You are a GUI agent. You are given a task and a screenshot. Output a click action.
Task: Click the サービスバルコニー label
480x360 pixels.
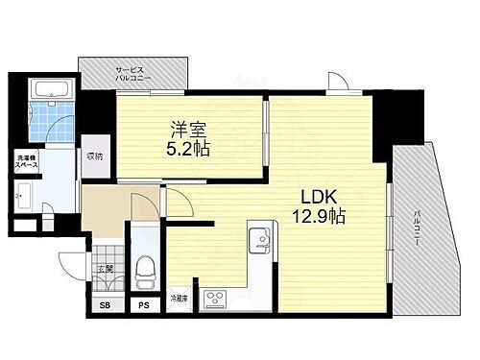(131, 75)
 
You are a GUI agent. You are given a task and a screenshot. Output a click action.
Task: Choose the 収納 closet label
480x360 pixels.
(93, 156)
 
